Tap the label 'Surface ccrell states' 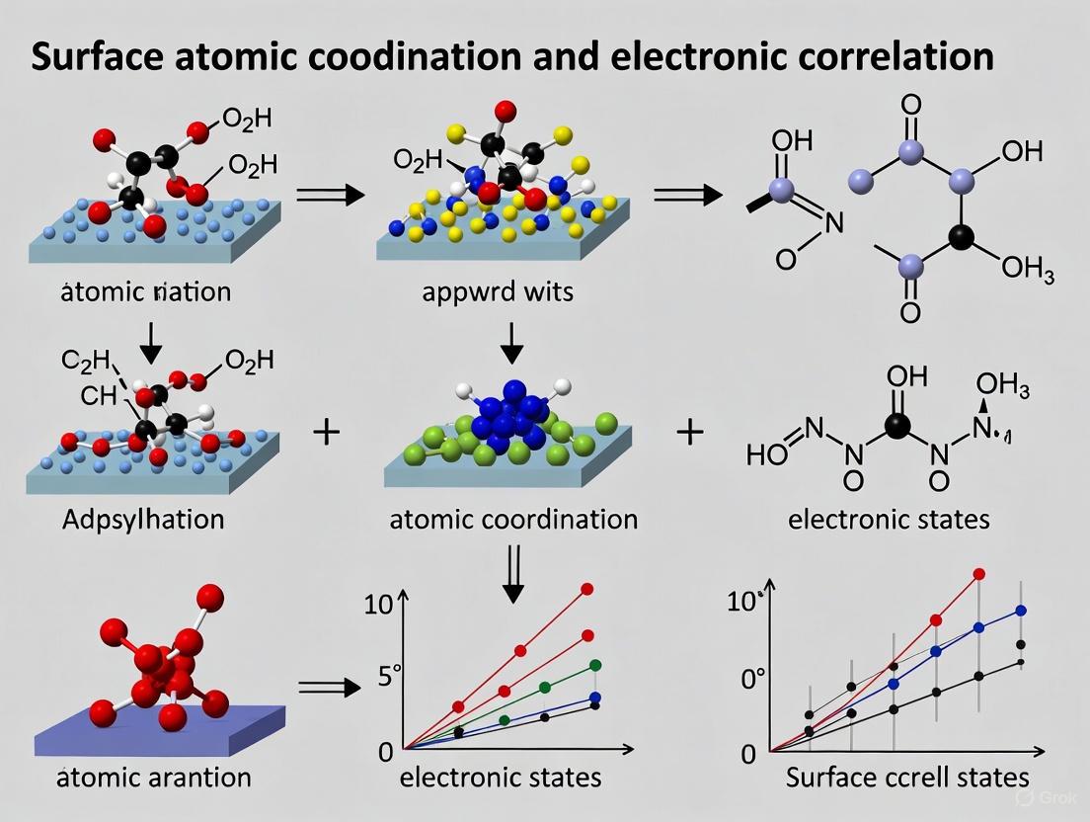tap(906, 777)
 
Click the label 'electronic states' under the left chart tap(501, 777)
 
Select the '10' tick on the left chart tap(378, 605)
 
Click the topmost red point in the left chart tap(587, 589)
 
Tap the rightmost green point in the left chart tap(595, 665)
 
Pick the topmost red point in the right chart tap(979, 573)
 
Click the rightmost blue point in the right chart tap(1021, 611)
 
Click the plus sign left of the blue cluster tap(326, 432)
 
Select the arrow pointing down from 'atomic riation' tap(152, 341)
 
